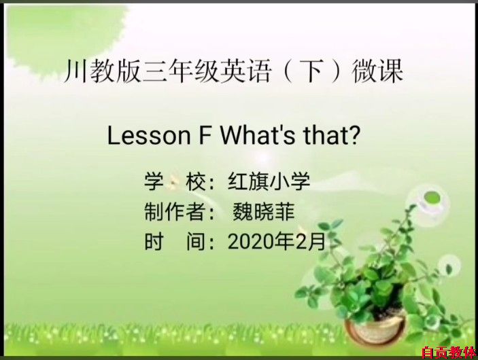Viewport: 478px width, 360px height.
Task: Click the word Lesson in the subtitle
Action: (x=149, y=136)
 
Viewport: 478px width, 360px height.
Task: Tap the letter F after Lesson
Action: (x=205, y=136)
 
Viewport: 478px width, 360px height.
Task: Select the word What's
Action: (x=258, y=135)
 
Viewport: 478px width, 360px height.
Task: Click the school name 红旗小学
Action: (x=269, y=181)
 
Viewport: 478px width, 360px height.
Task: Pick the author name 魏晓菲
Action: (x=263, y=212)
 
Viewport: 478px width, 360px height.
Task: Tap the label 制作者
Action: (x=175, y=212)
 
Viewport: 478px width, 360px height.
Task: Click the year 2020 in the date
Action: (x=251, y=242)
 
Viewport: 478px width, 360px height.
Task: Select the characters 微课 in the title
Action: (x=377, y=72)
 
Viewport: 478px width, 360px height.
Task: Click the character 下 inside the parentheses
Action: (x=313, y=72)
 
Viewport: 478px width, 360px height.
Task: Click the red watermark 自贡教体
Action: (x=449, y=353)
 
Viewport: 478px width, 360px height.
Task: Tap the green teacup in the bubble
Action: (x=431, y=200)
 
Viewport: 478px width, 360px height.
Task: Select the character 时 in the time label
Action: (x=154, y=242)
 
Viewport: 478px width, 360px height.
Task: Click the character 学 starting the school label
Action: (x=154, y=181)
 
